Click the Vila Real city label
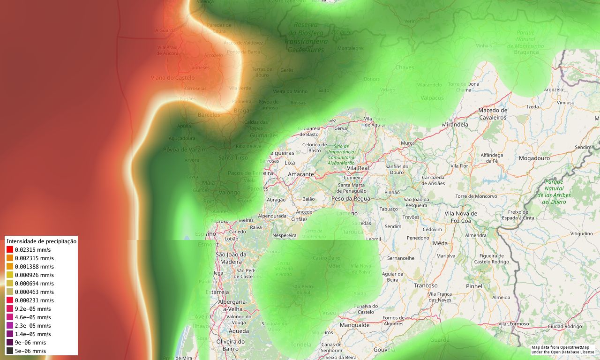coord(358,168)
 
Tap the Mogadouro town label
coord(534,158)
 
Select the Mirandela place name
coord(455,125)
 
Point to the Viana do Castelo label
coord(172,78)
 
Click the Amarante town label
coord(300,174)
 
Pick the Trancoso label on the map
coord(425,285)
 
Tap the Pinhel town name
coord(474,286)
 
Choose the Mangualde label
coord(354,325)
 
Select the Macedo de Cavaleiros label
coord(493,114)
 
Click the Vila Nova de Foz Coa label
coord(461,217)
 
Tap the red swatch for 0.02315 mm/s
coord(10,250)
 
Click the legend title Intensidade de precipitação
coord(41,241)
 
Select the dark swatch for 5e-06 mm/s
coord(10,351)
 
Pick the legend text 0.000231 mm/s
coord(34,300)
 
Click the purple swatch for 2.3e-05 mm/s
coord(10,326)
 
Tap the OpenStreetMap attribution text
coord(562,349)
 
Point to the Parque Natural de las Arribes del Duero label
coord(554,192)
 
